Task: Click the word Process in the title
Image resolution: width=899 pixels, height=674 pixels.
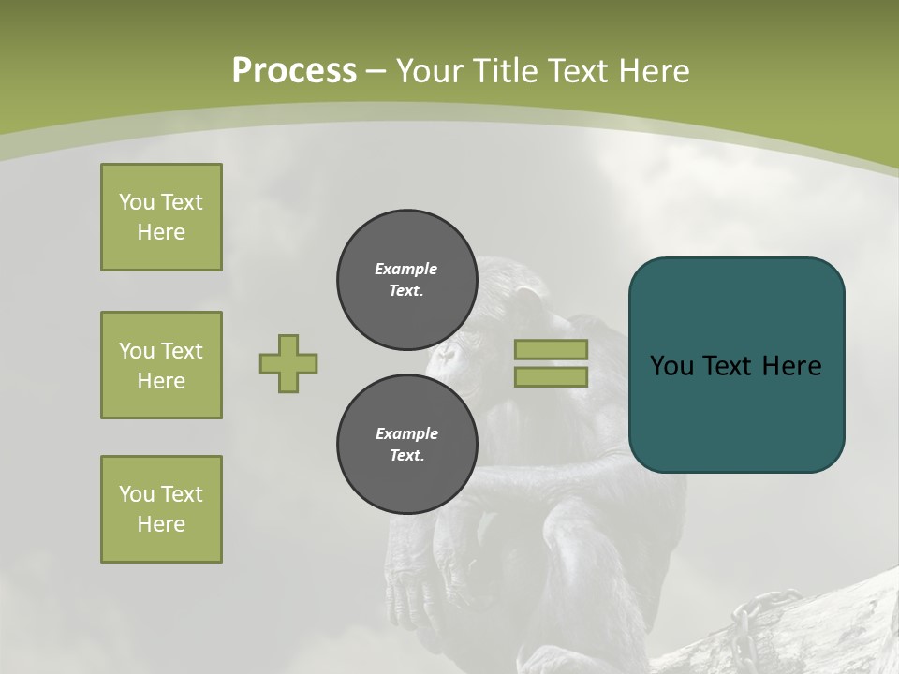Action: point(294,71)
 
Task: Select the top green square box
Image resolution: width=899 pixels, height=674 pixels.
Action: point(161,217)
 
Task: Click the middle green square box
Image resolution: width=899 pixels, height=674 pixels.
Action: point(161,365)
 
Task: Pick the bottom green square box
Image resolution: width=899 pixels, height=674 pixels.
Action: point(161,509)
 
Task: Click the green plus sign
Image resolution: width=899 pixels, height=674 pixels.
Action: point(288,363)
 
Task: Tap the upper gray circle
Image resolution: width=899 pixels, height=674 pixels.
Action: point(406,280)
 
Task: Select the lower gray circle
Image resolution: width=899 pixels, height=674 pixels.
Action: point(406,445)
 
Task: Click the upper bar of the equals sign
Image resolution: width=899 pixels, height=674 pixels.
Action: point(551,349)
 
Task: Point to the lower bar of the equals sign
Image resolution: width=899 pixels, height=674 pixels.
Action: point(551,376)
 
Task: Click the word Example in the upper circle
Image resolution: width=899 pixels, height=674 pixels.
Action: point(405,269)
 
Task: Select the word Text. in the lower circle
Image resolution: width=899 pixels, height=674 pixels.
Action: point(406,456)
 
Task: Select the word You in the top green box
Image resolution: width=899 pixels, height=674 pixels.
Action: point(137,202)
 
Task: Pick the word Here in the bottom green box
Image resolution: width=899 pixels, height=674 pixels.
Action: point(161,524)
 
